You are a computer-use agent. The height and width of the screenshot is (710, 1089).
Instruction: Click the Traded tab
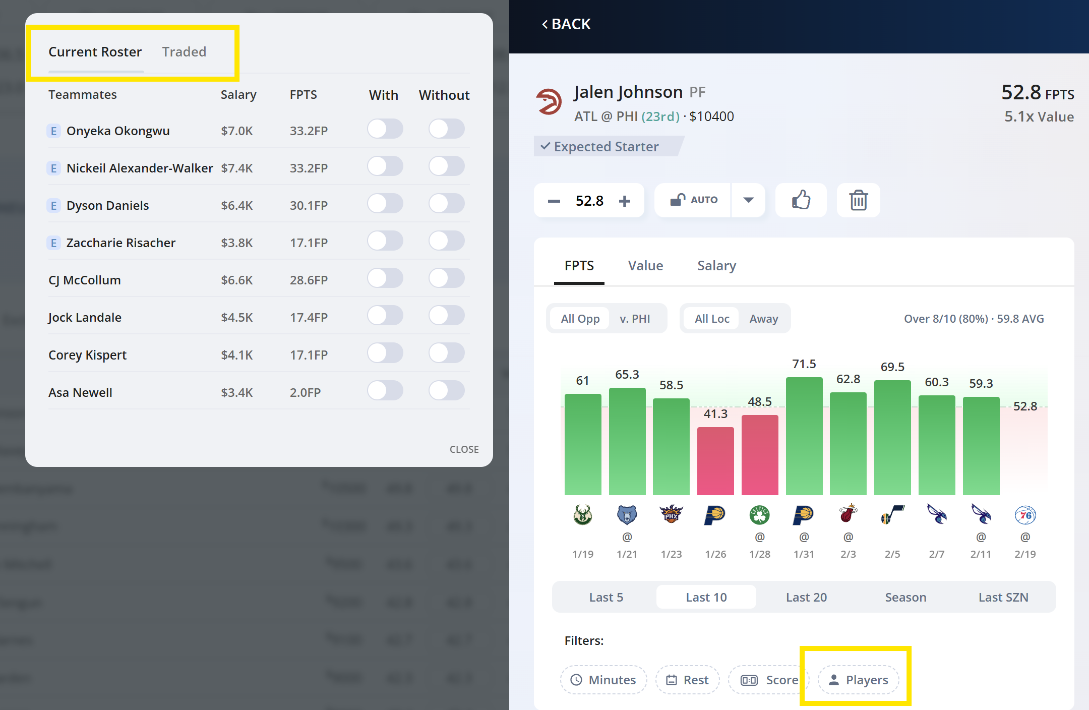click(184, 52)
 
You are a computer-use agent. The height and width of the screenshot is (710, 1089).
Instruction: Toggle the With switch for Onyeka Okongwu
click(385, 129)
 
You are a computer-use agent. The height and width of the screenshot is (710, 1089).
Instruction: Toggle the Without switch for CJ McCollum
click(446, 278)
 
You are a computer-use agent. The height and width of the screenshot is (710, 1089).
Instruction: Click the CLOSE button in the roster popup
click(464, 449)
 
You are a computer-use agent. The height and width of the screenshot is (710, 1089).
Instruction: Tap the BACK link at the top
click(566, 24)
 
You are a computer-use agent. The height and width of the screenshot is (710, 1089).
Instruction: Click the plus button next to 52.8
click(625, 201)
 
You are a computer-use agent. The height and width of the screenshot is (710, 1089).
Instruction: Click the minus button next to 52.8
click(554, 201)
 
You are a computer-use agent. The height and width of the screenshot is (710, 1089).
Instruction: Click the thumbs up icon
click(801, 200)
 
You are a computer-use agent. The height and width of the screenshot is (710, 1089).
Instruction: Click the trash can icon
click(858, 200)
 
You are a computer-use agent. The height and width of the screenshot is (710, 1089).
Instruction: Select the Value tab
click(645, 266)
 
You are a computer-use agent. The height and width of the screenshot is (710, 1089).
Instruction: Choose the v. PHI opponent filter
click(635, 319)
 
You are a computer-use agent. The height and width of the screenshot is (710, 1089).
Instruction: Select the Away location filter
click(763, 319)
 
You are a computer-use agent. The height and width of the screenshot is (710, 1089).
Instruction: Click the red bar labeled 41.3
click(715, 460)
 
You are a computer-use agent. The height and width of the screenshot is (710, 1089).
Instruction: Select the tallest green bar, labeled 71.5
click(804, 436)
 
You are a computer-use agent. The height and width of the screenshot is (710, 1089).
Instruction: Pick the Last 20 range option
click(806, 598)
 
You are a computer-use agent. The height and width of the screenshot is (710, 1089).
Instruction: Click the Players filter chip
click(858, 680)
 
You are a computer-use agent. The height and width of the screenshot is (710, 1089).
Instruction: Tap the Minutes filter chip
click(603, 680)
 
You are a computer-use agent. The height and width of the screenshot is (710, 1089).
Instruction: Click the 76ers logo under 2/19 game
click(1025, 515)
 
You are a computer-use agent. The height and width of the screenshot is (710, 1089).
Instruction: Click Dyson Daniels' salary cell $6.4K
click(237, 206)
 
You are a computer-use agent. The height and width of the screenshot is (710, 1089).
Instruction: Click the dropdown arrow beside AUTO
click(749, 200)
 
